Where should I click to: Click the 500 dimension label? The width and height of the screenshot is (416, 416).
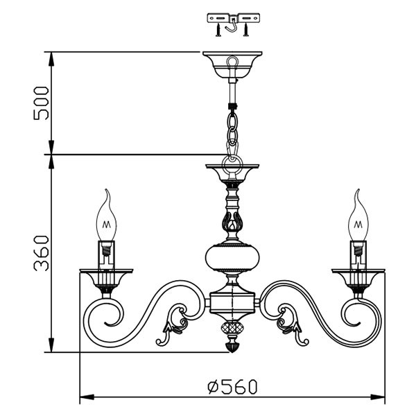click(x=42, y=103)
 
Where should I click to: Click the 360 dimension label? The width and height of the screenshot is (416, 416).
click(x=42, y=253)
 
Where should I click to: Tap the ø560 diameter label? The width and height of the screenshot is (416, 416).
click(x=232, y=387)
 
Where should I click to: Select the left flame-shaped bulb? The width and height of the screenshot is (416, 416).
click(x=106, y=216)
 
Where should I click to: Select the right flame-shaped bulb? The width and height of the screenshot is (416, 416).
click(x=358, y=216)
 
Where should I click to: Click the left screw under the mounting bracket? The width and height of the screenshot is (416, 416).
click(x=218, y=30)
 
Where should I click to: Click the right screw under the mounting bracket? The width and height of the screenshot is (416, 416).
click(x=246, y=30)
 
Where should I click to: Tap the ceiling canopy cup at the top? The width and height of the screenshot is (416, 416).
click(x=232, y=64)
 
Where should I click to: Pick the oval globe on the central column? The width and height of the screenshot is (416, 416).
click(x=232, y=257)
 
